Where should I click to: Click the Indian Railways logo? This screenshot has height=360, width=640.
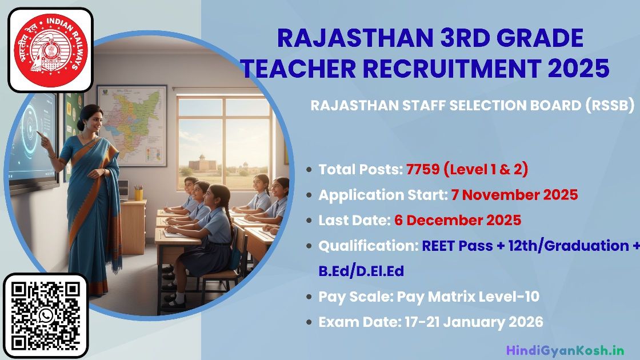(x=51, y=50)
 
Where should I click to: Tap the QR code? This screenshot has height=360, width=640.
(x=45, y=317)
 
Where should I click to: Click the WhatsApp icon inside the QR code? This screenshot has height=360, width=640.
(x=46, y=317)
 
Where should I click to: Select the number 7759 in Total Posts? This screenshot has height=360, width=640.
(x=423, y=169)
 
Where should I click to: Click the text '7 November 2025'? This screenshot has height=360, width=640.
(x=514, y=195)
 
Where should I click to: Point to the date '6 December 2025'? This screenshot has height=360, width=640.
(x=458, y=220)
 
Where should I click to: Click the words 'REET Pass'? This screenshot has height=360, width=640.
(x=457, y=246)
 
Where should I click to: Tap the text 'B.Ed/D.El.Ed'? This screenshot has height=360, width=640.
(x=361, y=271)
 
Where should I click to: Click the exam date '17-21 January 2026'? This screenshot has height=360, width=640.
(x=474, y=322)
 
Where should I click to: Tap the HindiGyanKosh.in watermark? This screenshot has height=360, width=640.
(x=565, y=350)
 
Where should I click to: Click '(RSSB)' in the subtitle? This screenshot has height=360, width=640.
(x=610, y=105)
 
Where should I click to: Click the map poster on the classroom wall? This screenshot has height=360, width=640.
(x=131, y=125)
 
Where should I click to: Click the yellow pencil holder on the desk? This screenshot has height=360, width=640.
(x=139, y=194)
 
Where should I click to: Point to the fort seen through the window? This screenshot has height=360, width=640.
(x=202, y=164)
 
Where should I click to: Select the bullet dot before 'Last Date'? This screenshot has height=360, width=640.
(x=309, y=221)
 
